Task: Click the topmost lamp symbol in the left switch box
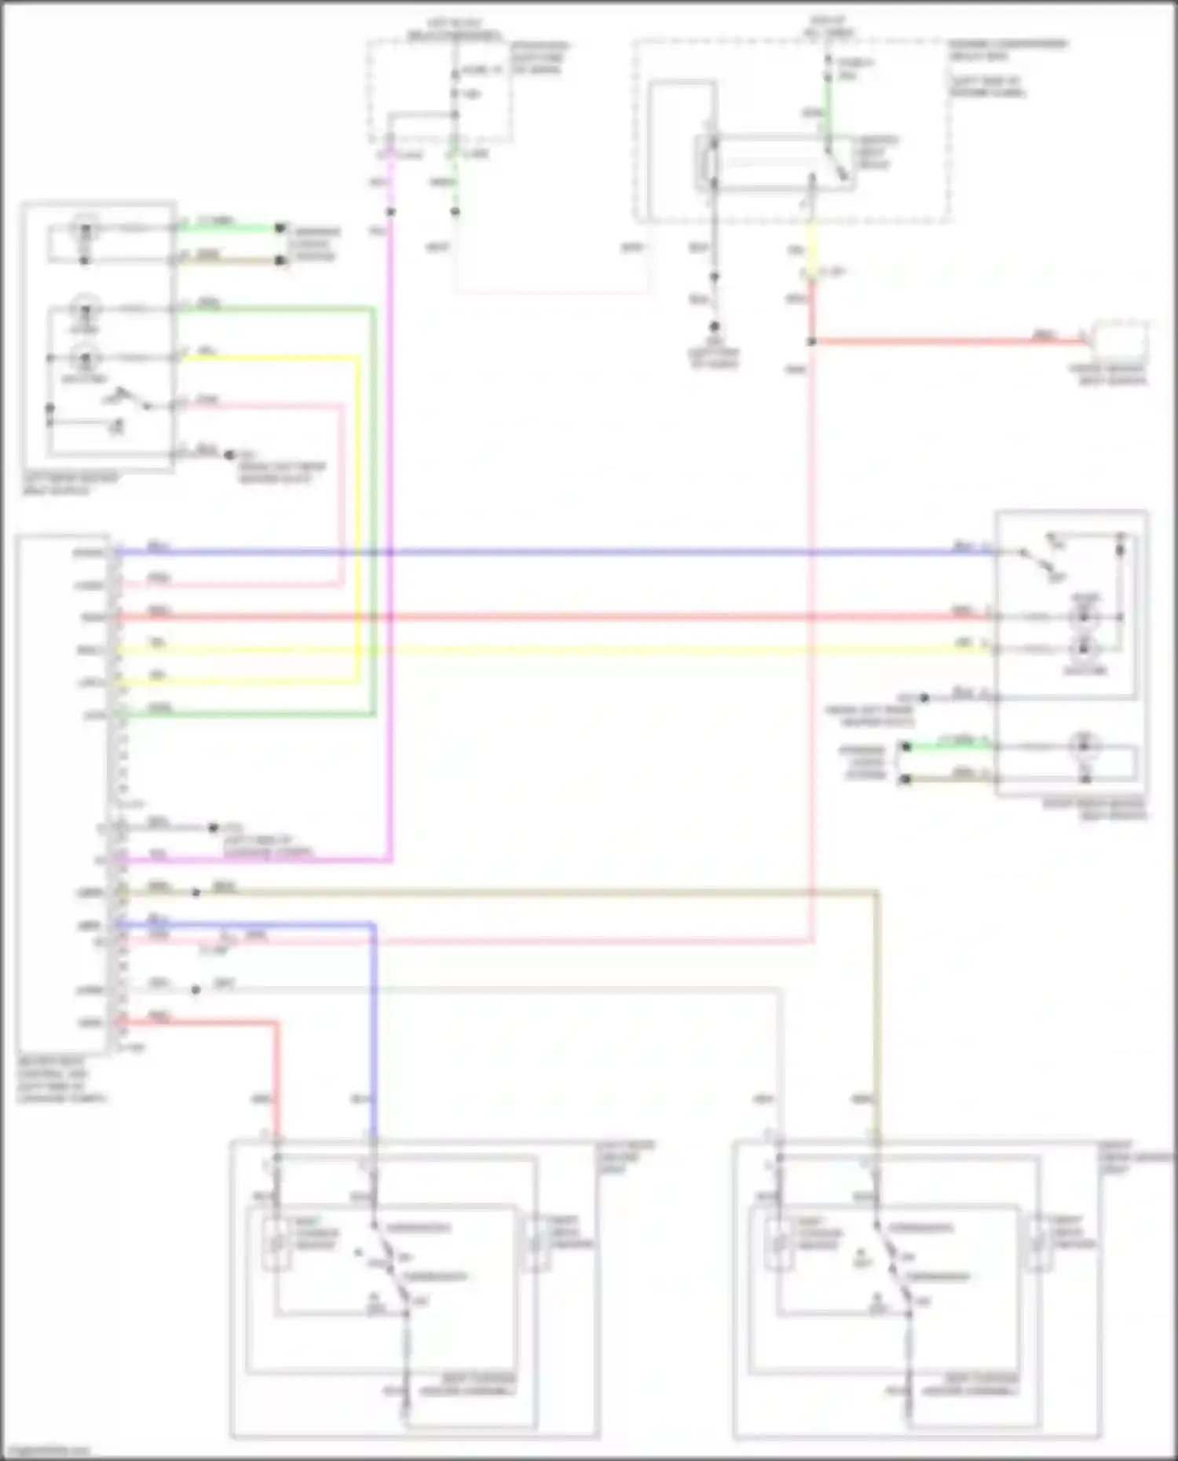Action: pyautogui.click(x=85, y=230)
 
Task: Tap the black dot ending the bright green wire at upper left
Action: pyautogui.click(x=280, y=228)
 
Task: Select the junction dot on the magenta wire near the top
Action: pyautogui.click(x=390, y=212)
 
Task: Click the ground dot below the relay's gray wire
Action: pyautogui.click(x=715, y=327)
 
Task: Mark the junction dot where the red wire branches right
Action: pyautogui.click(x=812, y=342)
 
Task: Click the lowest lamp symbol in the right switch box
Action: pyautogui.click(x=1085, y=746)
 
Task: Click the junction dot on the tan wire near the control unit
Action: pyautogui.click(x=196, y=893)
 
